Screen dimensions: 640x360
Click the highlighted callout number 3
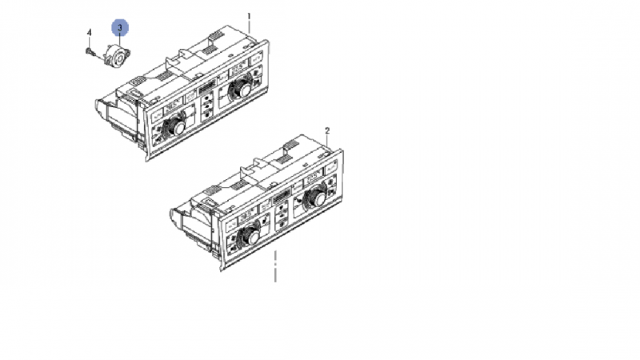(120, 28)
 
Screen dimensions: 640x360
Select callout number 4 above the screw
(90, 33)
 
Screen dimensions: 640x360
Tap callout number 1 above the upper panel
(249, 17)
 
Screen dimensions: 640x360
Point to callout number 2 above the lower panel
(327, 131)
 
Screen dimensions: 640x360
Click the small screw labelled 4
(90, 52)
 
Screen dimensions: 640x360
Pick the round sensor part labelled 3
(117, 56)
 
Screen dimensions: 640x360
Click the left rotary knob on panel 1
(175, 127)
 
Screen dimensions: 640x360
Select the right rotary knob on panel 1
(242, 89)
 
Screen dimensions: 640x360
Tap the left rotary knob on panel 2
(249, 237)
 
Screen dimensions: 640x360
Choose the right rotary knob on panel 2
(315, 198)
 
